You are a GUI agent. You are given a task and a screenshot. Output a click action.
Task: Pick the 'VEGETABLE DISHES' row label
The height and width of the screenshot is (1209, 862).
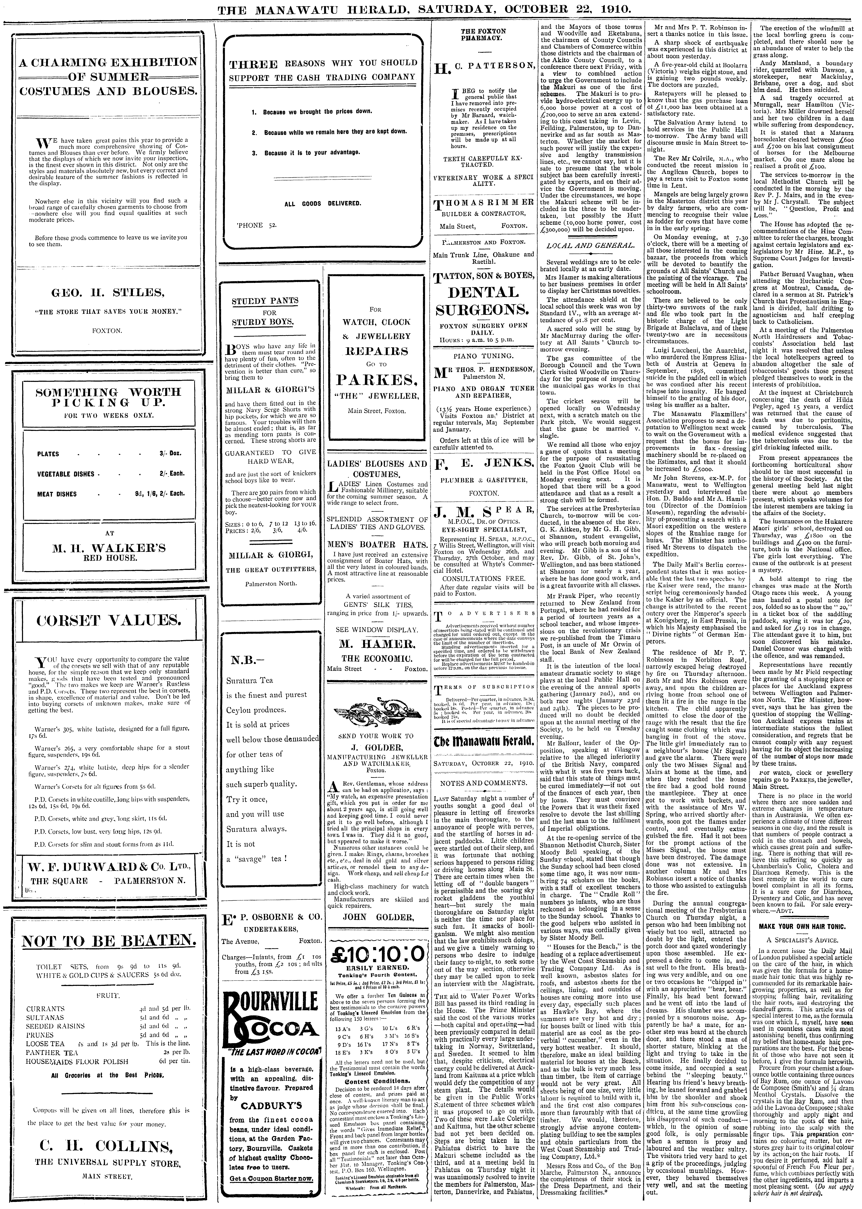click(66, 474)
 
